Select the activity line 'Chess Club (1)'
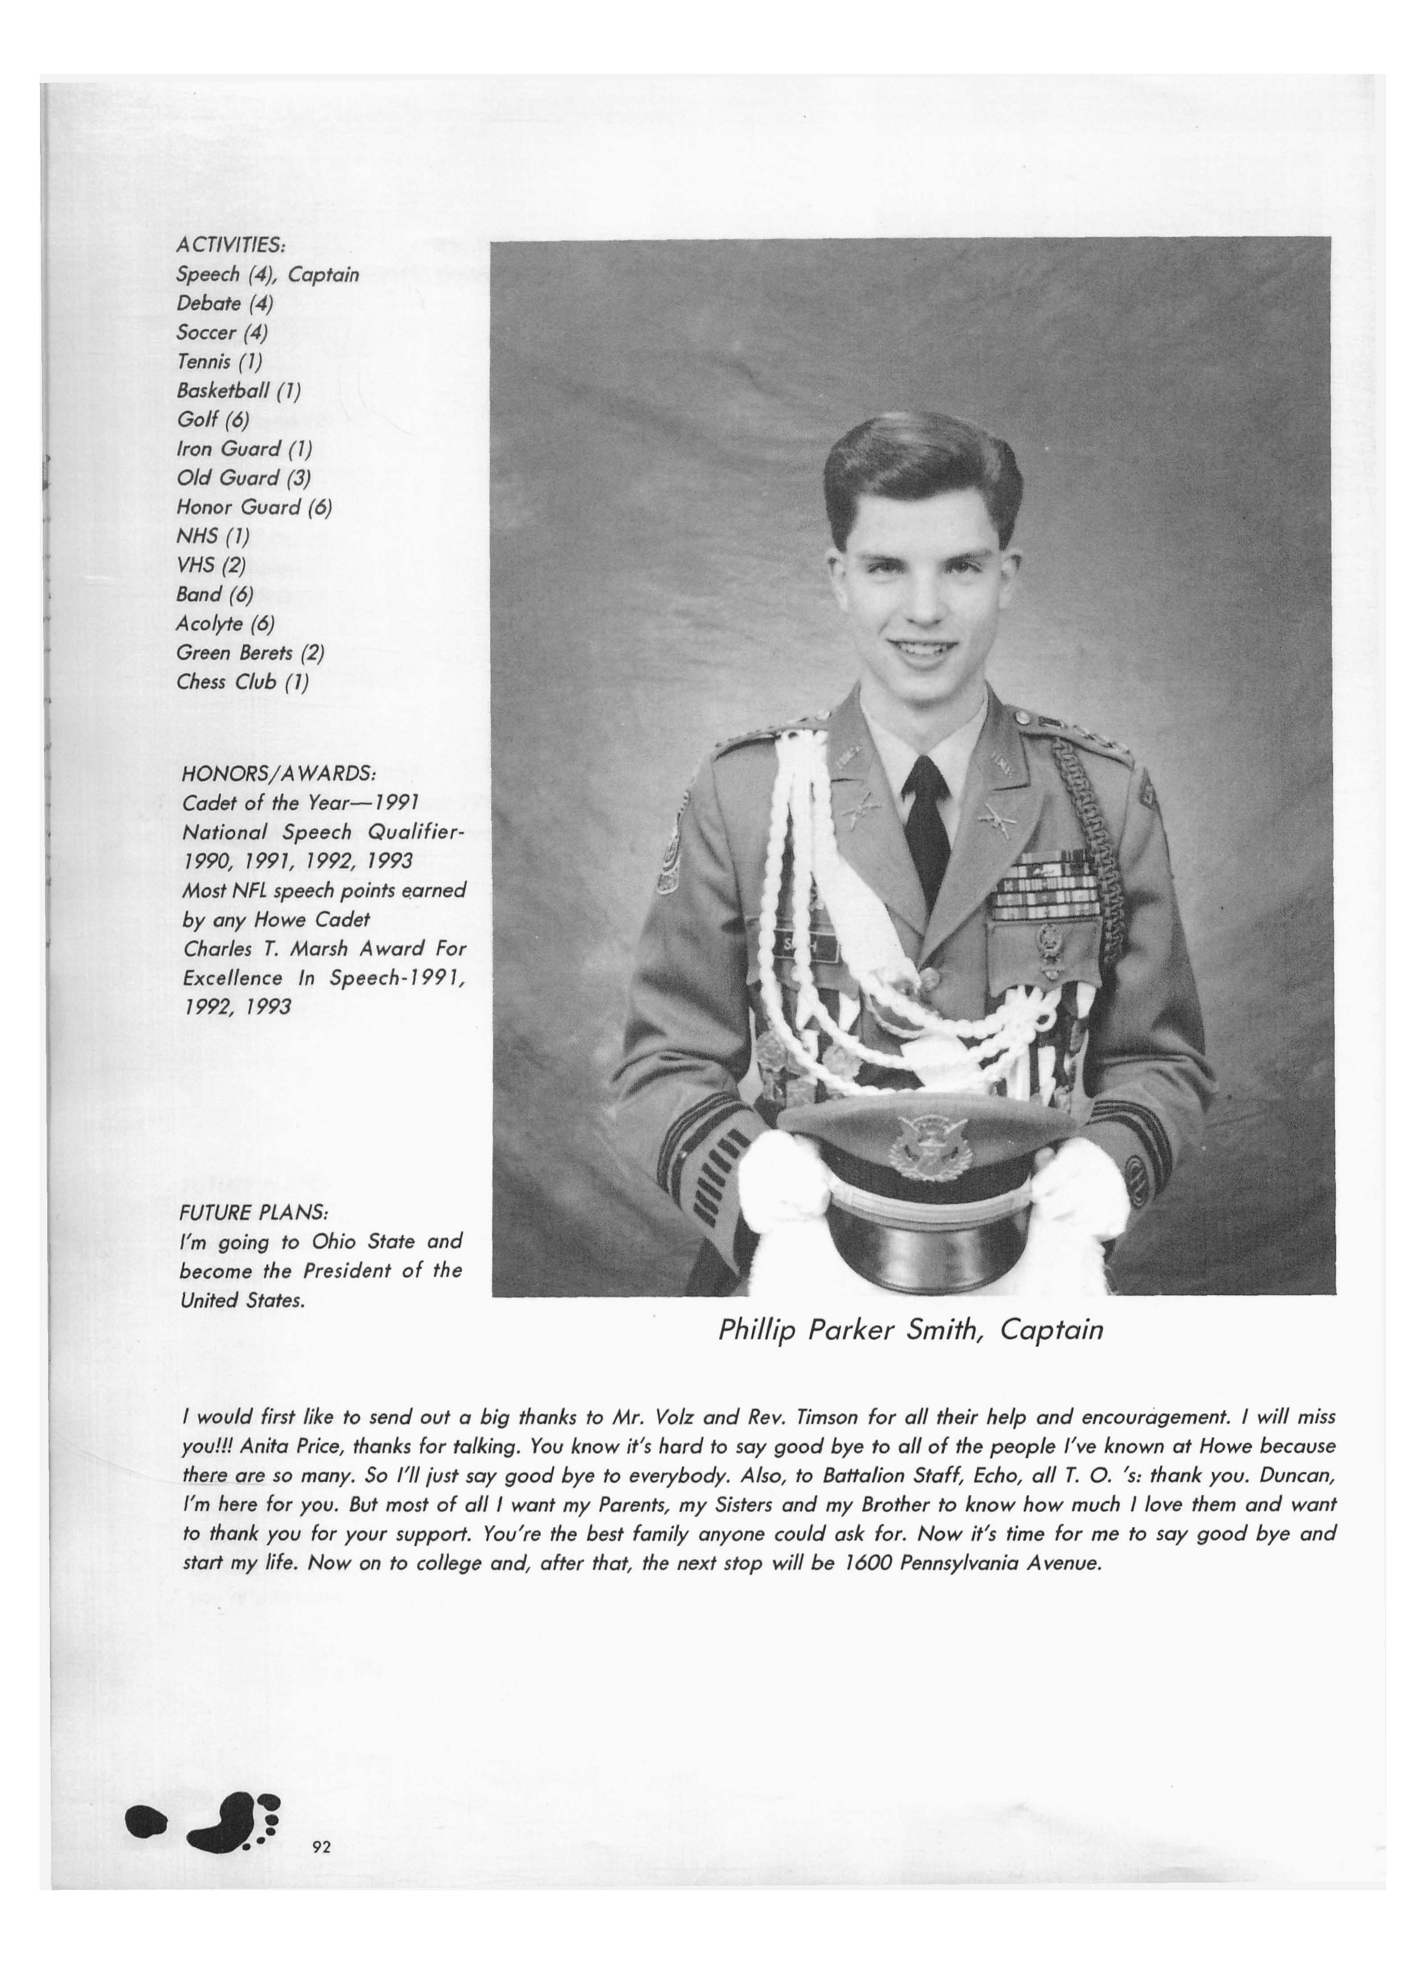(242, 682)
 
